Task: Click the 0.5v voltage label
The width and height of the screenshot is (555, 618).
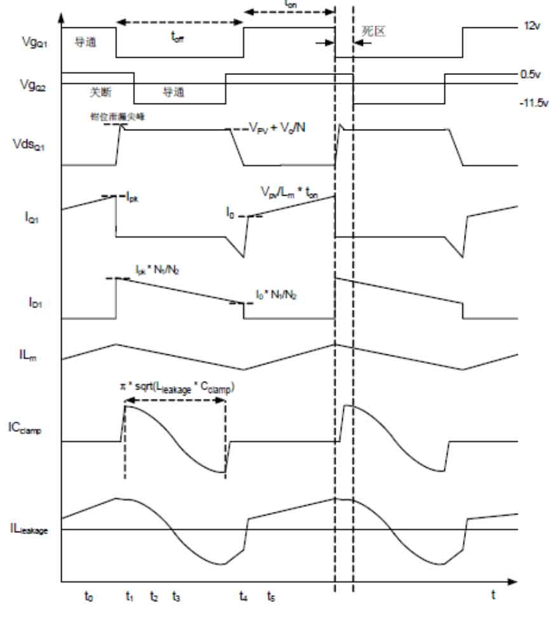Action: (531, 74)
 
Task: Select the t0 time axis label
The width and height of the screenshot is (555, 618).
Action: (88, 596)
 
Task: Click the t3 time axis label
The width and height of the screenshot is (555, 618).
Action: (176, 596)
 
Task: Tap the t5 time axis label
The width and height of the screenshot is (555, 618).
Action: (271, 596)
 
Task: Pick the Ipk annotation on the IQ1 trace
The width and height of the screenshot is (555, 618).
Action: (132, 198)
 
